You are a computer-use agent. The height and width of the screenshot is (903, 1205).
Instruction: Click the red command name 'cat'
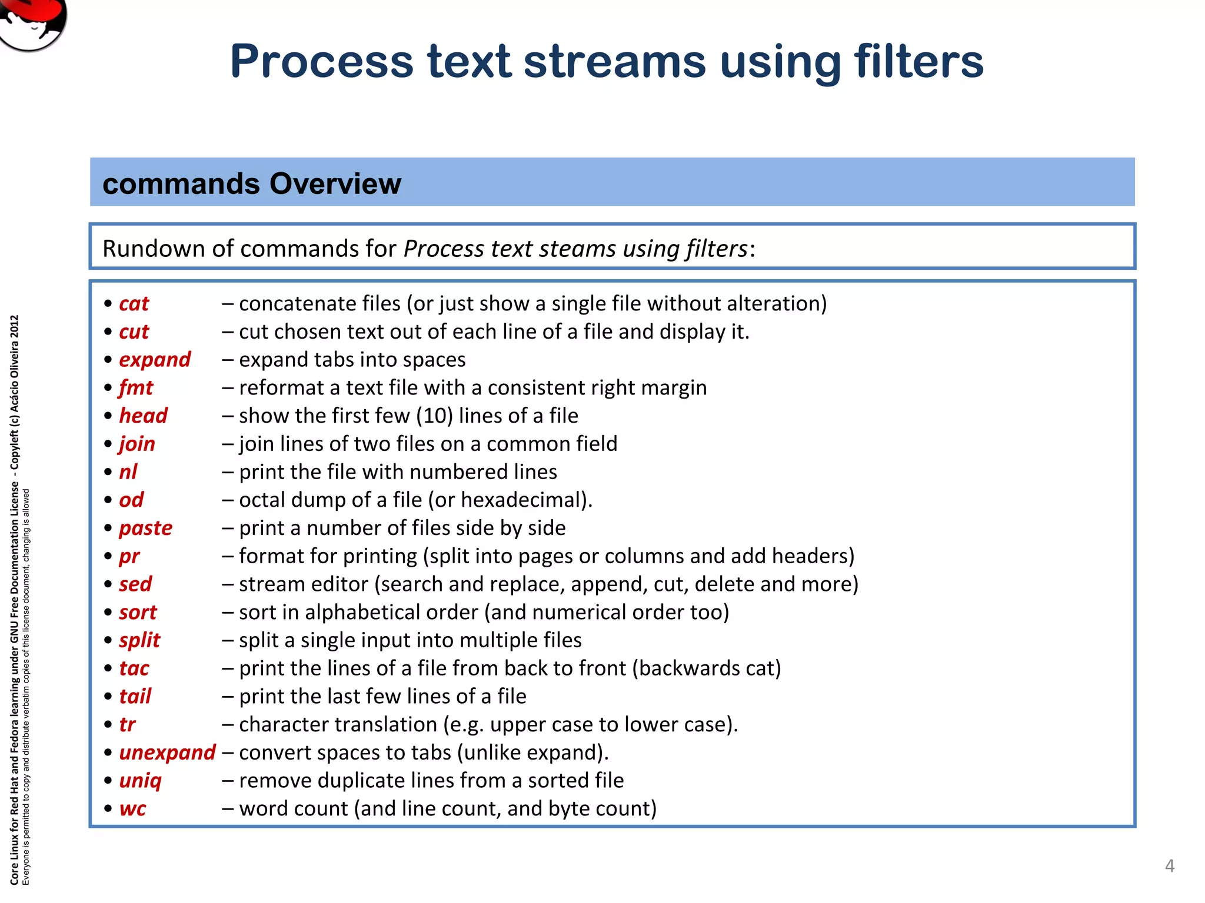(x=134, y=303)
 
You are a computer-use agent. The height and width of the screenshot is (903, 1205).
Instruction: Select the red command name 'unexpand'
(x=167, y=752)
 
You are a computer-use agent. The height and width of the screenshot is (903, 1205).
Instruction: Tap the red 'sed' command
(x=135, y=584)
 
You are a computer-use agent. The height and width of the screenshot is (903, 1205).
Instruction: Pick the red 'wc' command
(x=132, y=808)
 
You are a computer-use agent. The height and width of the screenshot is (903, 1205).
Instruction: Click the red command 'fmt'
(x=135, y=387)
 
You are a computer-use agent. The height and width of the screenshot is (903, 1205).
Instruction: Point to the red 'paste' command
(x=145, y=528)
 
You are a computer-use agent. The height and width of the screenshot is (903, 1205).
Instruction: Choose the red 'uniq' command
(x=140, y=781)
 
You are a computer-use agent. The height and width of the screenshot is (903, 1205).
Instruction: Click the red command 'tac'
(x=134, y=668)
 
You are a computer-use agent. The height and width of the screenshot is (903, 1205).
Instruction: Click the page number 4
(x=1169, y=865)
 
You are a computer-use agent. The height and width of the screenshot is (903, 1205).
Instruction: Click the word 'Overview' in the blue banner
(x=335, y=183)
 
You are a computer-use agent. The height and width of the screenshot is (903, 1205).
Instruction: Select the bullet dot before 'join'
(x=108, y=444)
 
